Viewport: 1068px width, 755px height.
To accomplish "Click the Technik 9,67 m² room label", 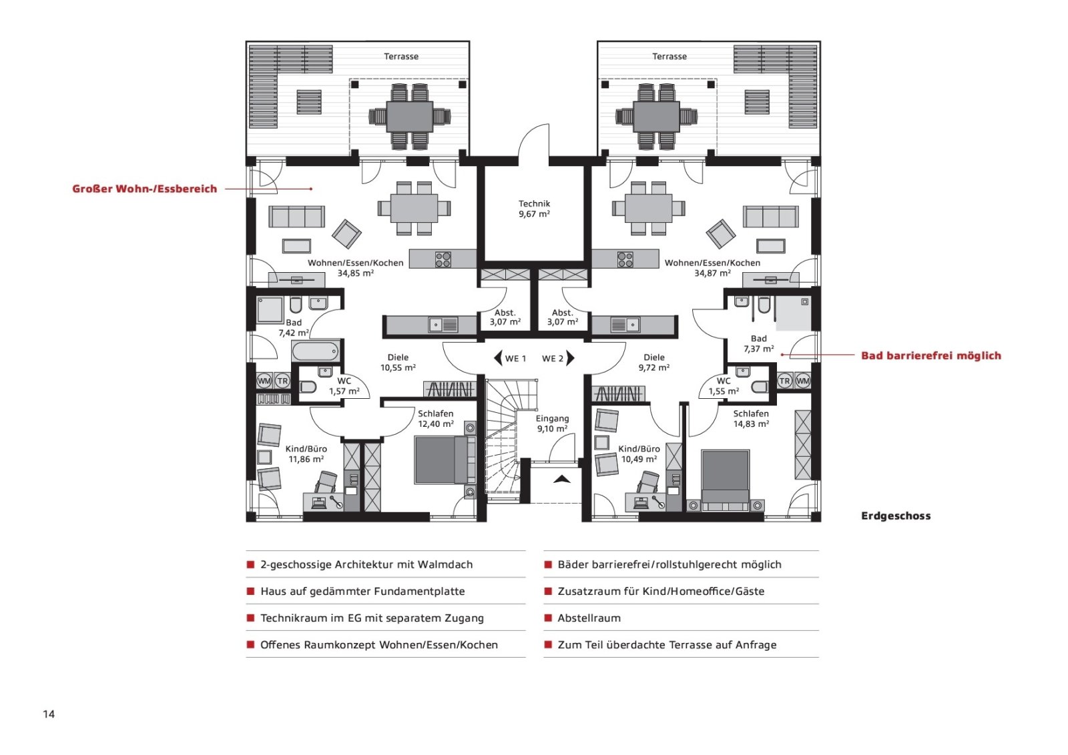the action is point(535,209).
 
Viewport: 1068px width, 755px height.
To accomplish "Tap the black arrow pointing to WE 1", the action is point(498,358).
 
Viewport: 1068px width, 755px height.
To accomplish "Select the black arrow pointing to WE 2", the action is point(570,358).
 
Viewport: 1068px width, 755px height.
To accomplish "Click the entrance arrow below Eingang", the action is point(561,479).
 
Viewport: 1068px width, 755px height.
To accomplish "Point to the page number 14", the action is point(49,714).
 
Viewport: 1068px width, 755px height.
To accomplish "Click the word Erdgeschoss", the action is point(896,516).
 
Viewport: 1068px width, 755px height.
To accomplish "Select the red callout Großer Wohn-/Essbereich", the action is point(144,189).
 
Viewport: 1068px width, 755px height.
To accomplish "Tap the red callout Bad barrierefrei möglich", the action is point(931,355).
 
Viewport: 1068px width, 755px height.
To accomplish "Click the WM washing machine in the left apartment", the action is point(264,381).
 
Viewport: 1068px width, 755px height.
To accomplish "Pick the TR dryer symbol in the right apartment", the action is point(784,381).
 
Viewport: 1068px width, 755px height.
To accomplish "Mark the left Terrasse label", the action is point(401,56).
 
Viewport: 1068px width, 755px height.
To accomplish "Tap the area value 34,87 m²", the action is point(712,273).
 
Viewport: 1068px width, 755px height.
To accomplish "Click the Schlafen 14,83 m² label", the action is point(751,419).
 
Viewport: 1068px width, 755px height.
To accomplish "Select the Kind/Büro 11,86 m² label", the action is point(306,454).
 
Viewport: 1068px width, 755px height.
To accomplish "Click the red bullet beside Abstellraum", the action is point(548,618).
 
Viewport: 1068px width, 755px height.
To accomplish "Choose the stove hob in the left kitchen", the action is point(443,259).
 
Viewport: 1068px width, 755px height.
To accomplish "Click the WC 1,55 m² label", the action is point(724,386).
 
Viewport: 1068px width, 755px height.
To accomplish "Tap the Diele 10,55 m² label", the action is point(398,363).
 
